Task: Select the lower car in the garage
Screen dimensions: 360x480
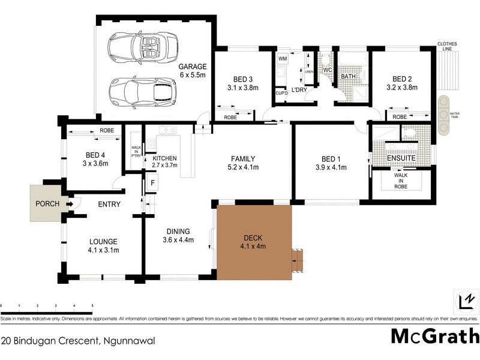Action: [140, 90]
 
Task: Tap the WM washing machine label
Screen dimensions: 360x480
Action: [282, 60]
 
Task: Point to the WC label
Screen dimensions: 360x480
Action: [327, 70]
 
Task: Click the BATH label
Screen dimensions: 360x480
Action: [349, 77]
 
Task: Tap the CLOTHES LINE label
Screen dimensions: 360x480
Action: [448, 47]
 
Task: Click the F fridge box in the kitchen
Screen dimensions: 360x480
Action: [153, 182]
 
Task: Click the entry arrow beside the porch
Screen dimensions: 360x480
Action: [70, 204]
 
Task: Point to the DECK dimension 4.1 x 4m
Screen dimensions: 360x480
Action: [253, 246]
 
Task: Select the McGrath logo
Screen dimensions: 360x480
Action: [435, 335]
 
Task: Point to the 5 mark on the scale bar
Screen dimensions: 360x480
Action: [92, 306]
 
